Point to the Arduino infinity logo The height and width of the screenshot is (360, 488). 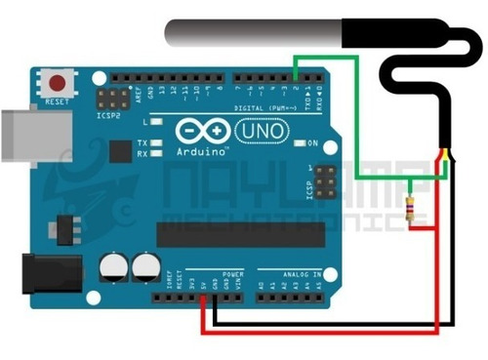(196, 131)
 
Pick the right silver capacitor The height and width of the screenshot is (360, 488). (146, 267)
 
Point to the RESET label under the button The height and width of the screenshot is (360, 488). (59, 100)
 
